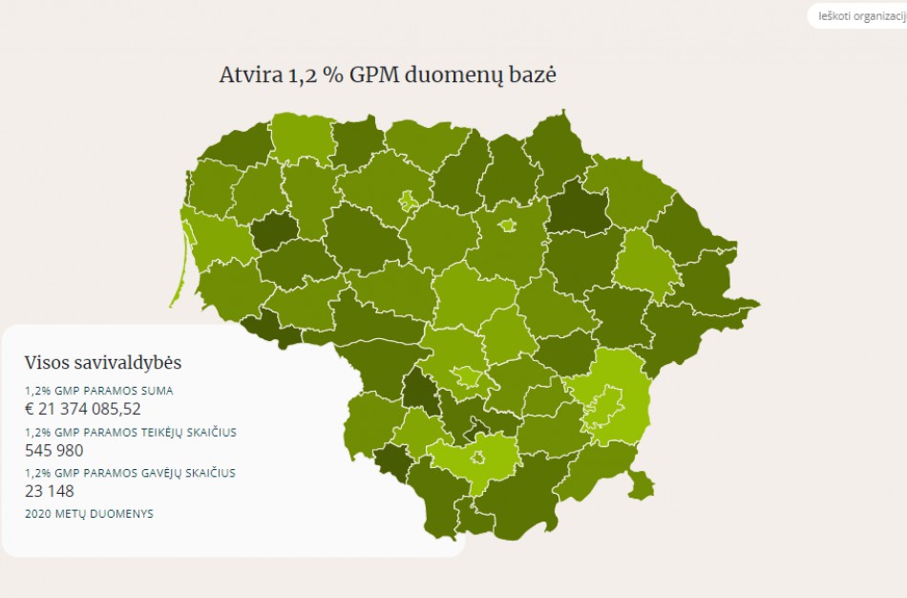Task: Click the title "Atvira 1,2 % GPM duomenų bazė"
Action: click(x=387, y=75)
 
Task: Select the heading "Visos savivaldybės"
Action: click(x=103, y=363)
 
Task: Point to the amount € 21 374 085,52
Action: click(x=83, y=409)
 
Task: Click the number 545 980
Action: click(x=54, y=451)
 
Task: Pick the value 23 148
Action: click(x=50, y=492)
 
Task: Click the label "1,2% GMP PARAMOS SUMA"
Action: click(x=99, y=391)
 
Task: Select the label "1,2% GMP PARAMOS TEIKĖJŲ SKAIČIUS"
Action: click(x=130, y=432)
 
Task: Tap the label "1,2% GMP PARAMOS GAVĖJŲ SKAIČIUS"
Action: click(x=130, y=473)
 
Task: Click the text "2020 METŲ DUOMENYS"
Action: click(x=89, y=514)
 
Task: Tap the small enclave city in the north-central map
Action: click(x=409, y=201)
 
